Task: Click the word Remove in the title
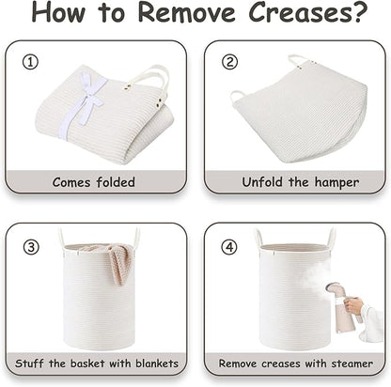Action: click(x=186, y=11)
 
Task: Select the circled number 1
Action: click(x=30, y=62)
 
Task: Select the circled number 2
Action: click(x=229, y=62)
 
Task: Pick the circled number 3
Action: click(x=31, y=247)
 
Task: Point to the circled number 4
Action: click(x=229, y=247)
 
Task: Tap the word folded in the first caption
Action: click(x=116, y=182)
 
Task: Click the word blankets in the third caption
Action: click(x=157, y=364)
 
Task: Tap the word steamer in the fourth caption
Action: click(x=352, y=364)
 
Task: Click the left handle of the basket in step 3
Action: click(x=61, y=238)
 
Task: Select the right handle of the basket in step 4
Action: click(x=331, y=239)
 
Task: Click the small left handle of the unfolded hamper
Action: click(x=237, y=96)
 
